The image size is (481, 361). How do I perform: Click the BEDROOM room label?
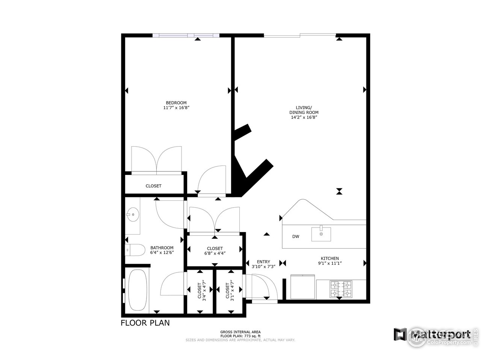[x=176, y=103]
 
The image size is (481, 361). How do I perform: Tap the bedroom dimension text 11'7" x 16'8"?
[x=176, y=108]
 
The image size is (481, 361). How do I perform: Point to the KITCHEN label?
[x=330, y=258]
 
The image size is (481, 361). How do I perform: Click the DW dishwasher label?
[x=296, y=237]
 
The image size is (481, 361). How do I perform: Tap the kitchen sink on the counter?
[x=321, y=234]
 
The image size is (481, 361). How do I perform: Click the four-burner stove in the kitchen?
[x=341, y=289]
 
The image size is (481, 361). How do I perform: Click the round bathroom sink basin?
[x=133, y=215]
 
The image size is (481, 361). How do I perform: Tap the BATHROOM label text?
[x=162, y=248]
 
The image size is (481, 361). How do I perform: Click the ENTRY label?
[x=263, y=262]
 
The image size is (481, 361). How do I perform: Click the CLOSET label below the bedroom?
[x=153, y=186]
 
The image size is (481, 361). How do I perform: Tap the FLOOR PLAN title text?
[x=145, y=323]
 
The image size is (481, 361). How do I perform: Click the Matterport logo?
[x=432, y=334]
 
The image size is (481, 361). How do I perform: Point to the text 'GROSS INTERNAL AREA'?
[x=240, y=332]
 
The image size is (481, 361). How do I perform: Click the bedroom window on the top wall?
[x=186, y=35]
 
